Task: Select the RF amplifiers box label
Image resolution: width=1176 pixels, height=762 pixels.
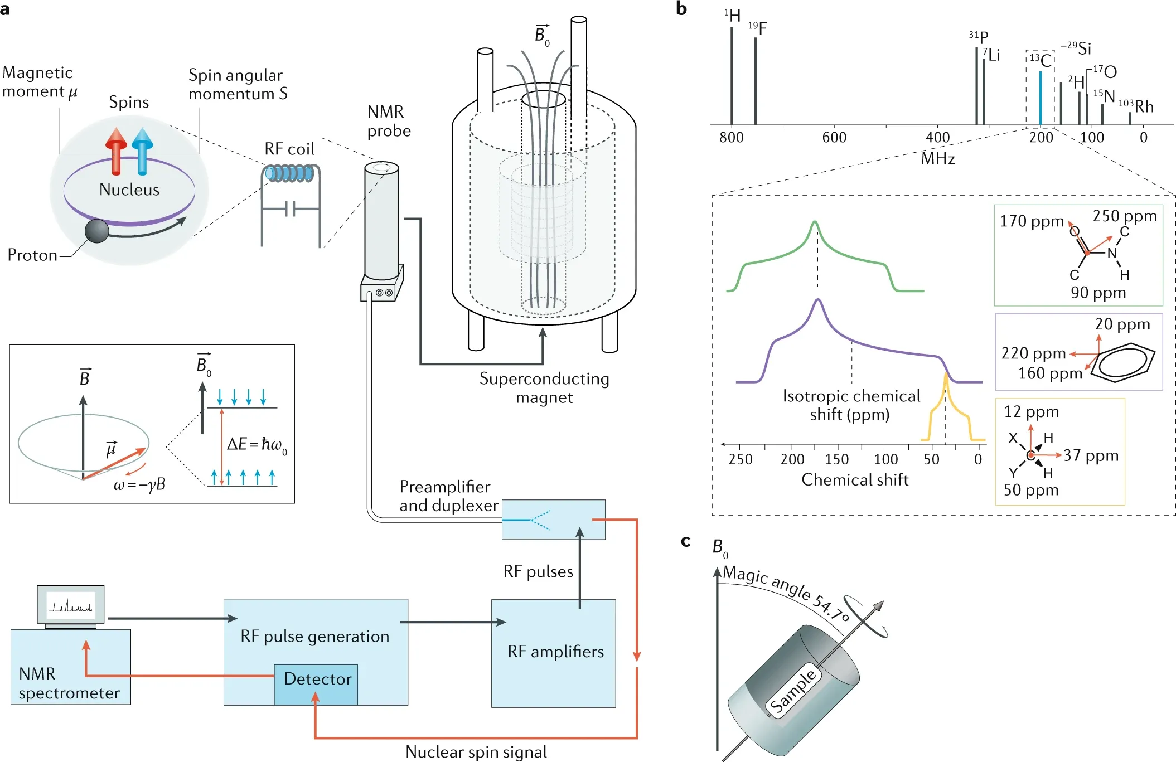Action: (555, 652)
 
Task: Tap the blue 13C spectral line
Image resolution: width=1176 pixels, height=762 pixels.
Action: (1040, 98)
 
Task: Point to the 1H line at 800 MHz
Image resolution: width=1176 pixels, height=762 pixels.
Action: (732, 75)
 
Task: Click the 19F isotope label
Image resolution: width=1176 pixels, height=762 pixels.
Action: (757, 27)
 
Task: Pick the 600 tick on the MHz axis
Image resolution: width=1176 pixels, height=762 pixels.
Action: (834, 137)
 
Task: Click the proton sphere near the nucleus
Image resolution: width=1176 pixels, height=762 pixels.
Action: (97, 231)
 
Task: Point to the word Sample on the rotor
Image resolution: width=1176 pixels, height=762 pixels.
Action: (793, 691)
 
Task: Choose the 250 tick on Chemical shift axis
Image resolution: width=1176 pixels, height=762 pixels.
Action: (741, 459)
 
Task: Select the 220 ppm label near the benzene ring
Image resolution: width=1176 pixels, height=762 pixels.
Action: (1033, 353)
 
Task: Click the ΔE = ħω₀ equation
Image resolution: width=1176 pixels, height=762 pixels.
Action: (257, 445)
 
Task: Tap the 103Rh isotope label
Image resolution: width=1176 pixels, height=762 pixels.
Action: (1136, 106)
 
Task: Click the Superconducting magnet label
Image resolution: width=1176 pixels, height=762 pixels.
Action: (544, 388)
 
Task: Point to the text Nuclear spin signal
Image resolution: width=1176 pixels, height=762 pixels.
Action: (476, 752)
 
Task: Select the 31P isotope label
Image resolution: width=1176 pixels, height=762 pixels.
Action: (979, 37)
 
